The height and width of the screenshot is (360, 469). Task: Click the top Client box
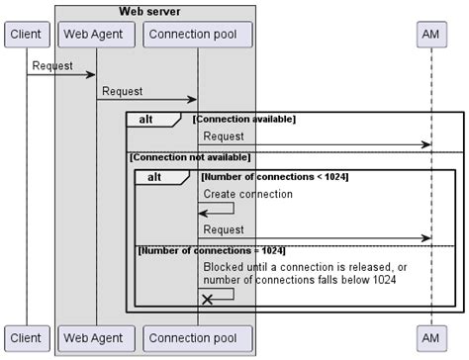[x=26, y=35]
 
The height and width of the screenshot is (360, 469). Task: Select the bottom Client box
[x=26, y=337]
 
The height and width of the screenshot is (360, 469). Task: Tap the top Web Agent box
[x=96, y=35]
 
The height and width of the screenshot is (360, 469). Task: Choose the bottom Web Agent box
[x=96, y=337]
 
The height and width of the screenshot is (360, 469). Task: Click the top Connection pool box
[x=197, y=35]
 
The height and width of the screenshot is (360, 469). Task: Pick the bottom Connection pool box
[x=197, y=337]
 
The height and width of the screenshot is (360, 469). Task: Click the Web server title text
[x=155, y=11]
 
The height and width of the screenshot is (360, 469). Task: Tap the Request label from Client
[x=52, y=65]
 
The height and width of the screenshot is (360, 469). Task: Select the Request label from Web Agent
[x=123, y=91]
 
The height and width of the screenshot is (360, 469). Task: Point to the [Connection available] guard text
[x=243, y=119]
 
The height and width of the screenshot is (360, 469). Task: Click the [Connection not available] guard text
[x=190, y=156]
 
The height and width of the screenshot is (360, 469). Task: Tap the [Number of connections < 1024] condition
[x=273, y=176]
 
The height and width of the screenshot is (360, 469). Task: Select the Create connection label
[x=247, y=194]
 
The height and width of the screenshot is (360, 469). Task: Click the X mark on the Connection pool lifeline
[x=207, y=299]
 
